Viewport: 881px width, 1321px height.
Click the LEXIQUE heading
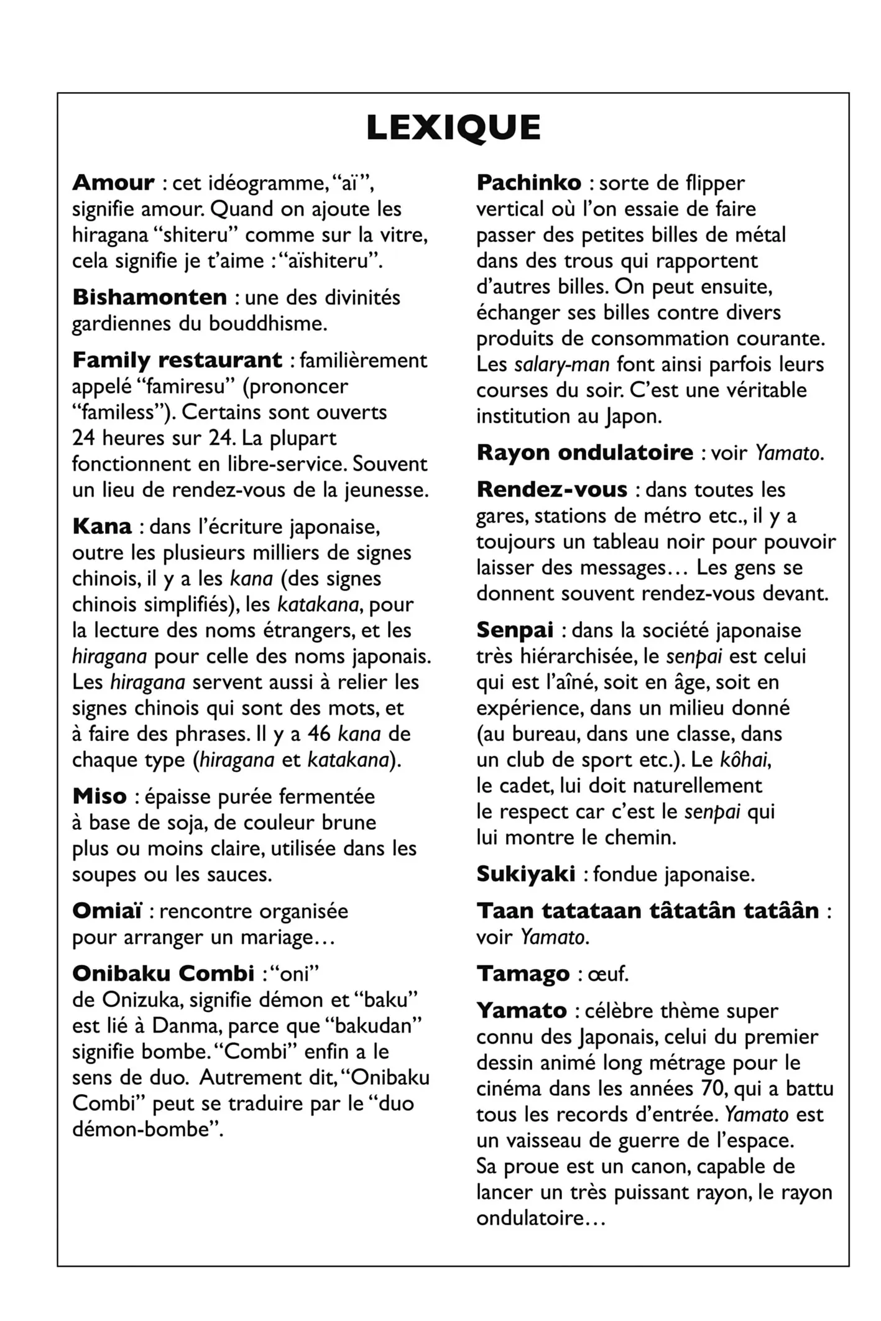pyautogui.click(x=453, y=128)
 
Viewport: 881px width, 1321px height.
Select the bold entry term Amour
pyautogui.click(x=113, y=183)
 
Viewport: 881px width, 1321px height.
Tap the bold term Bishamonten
pyautogui.click(x=150, y=297)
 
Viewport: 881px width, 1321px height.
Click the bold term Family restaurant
pyautogui.click(x=177, y=360)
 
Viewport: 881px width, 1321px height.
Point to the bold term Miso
pyautogui.click(x=99, y=796)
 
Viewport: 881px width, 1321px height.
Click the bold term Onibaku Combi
pyautogui.click(x=163, y=973)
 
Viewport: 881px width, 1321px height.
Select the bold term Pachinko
pyautogui.click(x=528, y=183)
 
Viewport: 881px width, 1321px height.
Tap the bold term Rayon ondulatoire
pyautogui.click(x=584, y=453)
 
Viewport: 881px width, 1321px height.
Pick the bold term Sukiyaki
pyautogui.click(x=525, y=874)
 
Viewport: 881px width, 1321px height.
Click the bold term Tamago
pyautogui.click(x=523, y=973)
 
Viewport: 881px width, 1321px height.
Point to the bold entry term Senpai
pyautogui.click(x=515, y=630)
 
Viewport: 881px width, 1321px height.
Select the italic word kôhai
pyautogui.click(x=745, y=760)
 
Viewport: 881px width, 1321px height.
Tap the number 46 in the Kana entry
pyautogui.click(x=319, y=734)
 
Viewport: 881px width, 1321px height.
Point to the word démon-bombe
pyautogui.click(x=147, y=1129)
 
